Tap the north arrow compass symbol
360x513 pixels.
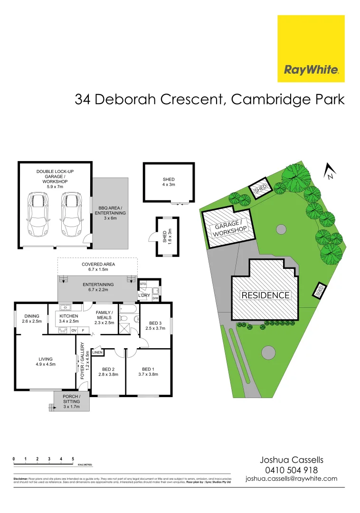click(x=329, y=171)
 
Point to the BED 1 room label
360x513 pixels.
click(x=148, y=371)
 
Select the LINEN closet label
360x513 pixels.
click(x=97, y=352)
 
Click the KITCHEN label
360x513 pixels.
click(x=69, y=318)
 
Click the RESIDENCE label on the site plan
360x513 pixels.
click(x=265, y=295)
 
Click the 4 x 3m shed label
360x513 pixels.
click(x=169, y=182)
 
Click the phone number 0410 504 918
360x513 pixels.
click(x=291, y=470)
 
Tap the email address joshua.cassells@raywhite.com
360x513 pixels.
click(x=291, y=479)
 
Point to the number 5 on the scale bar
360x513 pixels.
click(x=73, y=459)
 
